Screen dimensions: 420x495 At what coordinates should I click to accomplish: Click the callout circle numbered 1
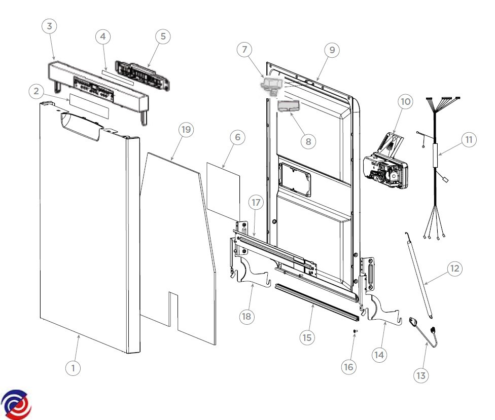(x=73, y=368)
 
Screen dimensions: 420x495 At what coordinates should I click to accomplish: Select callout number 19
(x=186, y=130)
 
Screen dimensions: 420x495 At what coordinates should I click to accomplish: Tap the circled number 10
(x=405, y=102)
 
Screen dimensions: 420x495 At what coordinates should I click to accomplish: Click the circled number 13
(x=421, y=375)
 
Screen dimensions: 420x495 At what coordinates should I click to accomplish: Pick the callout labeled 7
(x=244, y=50)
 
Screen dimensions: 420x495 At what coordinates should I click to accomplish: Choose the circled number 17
(x=256, y=203)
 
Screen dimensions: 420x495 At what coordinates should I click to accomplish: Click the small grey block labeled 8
(x=288, y=106)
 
